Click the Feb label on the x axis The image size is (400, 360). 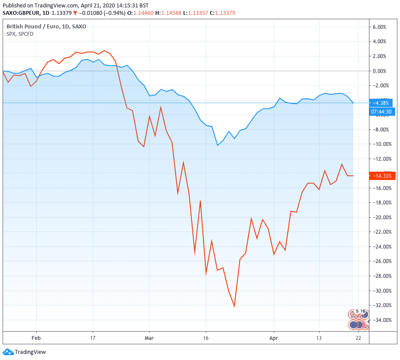[36, 338]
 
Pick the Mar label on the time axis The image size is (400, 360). [149, 338]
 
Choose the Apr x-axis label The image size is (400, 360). [273, 338]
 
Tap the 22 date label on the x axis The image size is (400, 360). [358, 338]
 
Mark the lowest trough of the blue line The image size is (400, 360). [218, 145]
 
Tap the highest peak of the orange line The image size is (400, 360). [104, 50]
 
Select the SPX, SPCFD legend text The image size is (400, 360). [20, 34]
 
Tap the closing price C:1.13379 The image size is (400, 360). [223, 13]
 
